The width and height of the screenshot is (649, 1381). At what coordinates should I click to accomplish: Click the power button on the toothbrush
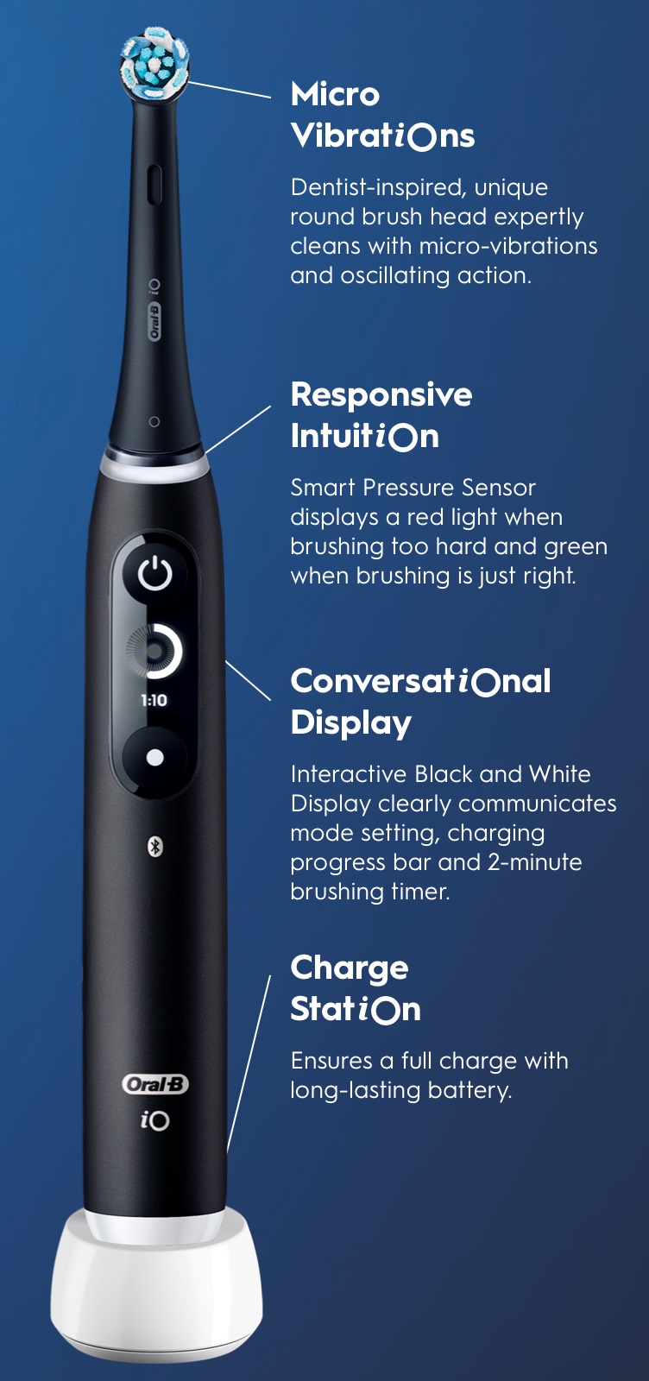tap(154, 573)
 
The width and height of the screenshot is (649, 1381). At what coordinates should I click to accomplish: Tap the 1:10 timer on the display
tap(154, 700)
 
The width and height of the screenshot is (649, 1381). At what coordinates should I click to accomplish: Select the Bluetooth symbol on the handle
tap(154, 847)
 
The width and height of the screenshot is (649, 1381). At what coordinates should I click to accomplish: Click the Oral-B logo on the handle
tap(154, 1084)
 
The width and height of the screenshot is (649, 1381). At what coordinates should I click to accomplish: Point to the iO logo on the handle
tap(154, 1120)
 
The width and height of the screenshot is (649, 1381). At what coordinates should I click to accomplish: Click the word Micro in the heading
tap(335, 94)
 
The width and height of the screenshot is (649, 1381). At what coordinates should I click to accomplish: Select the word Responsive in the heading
tap(381, 394)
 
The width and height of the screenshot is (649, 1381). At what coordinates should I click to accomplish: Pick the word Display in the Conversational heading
tap(351, 723)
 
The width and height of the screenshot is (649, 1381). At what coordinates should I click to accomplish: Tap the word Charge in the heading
tap(350, 968)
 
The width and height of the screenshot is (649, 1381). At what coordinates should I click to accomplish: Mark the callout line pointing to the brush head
tap(230, 90)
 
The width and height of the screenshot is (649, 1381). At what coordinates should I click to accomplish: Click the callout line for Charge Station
tap(249, 1064)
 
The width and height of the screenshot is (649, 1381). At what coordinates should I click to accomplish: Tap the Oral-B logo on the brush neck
tap(154, 321)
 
